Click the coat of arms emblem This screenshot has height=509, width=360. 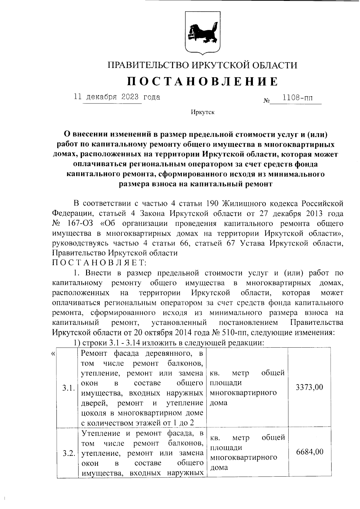tap(202, 33)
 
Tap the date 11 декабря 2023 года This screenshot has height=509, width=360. tap(117, 97)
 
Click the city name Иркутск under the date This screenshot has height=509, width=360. tap(202, 112)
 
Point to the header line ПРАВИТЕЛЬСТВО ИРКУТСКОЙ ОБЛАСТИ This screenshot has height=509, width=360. tap(202, 65)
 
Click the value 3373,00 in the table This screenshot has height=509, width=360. tap(309, 387)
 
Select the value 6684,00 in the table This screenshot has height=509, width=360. tap(310, 452)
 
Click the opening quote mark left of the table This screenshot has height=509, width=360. tap(53, 354)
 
